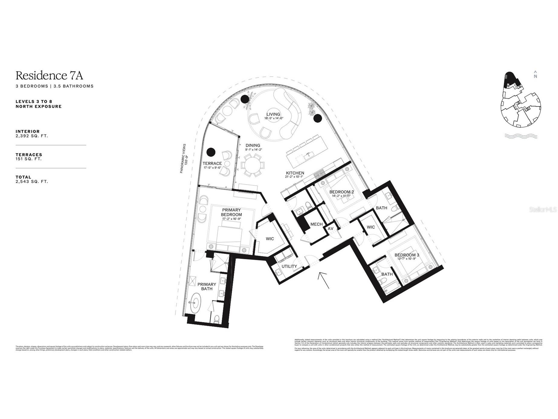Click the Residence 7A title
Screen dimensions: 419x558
tap(49, 75)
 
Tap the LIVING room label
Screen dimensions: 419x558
tap(273, 114)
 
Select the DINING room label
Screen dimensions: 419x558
tap(253, 146)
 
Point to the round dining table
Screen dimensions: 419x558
tap(253, 165)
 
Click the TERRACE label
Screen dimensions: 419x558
tap(212, 163)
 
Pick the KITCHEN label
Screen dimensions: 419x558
tap(295, 173)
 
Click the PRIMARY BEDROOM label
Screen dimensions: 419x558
tap(231, 212)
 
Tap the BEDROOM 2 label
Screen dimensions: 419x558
tap(341, 192)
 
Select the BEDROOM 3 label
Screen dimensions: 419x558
tap(407, 255)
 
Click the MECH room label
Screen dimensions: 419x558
tap(316, 224)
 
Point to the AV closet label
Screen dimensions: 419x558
tap(331, 228)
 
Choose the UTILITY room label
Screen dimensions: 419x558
tap(289, 266)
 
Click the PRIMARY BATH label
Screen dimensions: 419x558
tap(207, 286)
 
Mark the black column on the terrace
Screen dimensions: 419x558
tap(211, 151)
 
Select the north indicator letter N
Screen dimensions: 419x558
tap(535, 77)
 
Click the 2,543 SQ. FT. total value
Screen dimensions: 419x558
tap(32, 182)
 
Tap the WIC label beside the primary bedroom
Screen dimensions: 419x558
tap(270, 239)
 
